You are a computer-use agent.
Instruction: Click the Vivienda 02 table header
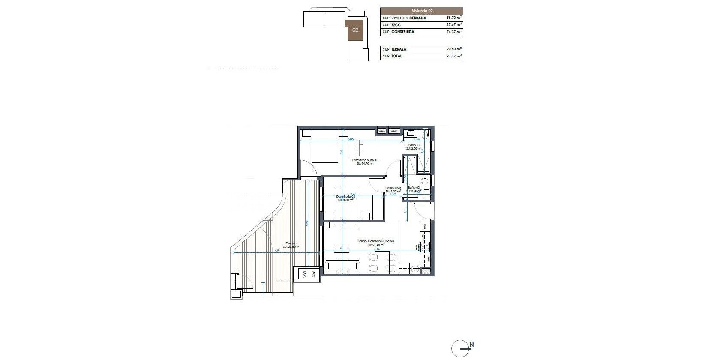click(x=421, y=11)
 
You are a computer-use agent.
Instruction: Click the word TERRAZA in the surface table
click(x=399, y=49)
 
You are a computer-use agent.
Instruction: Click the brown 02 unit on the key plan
click(x=355, y=30)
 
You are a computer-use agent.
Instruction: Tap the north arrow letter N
click(x=471, y=345)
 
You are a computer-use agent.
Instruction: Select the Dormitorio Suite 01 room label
click(x=365, y=160)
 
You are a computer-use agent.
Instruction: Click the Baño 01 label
click(x=414, y=145)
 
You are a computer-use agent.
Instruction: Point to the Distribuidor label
click(x=393, y=188)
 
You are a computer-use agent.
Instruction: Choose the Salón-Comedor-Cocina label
click(x=376, y=241)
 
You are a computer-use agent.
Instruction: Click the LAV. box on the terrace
click(x=305, y=274)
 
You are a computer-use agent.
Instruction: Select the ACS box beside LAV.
click(x=314, y=274)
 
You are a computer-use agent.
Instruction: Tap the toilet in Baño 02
click(x=425, y=181)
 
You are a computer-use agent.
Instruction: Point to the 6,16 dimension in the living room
click(x=377, y=249)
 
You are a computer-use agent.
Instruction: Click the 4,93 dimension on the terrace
click(x=306, y=224)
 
